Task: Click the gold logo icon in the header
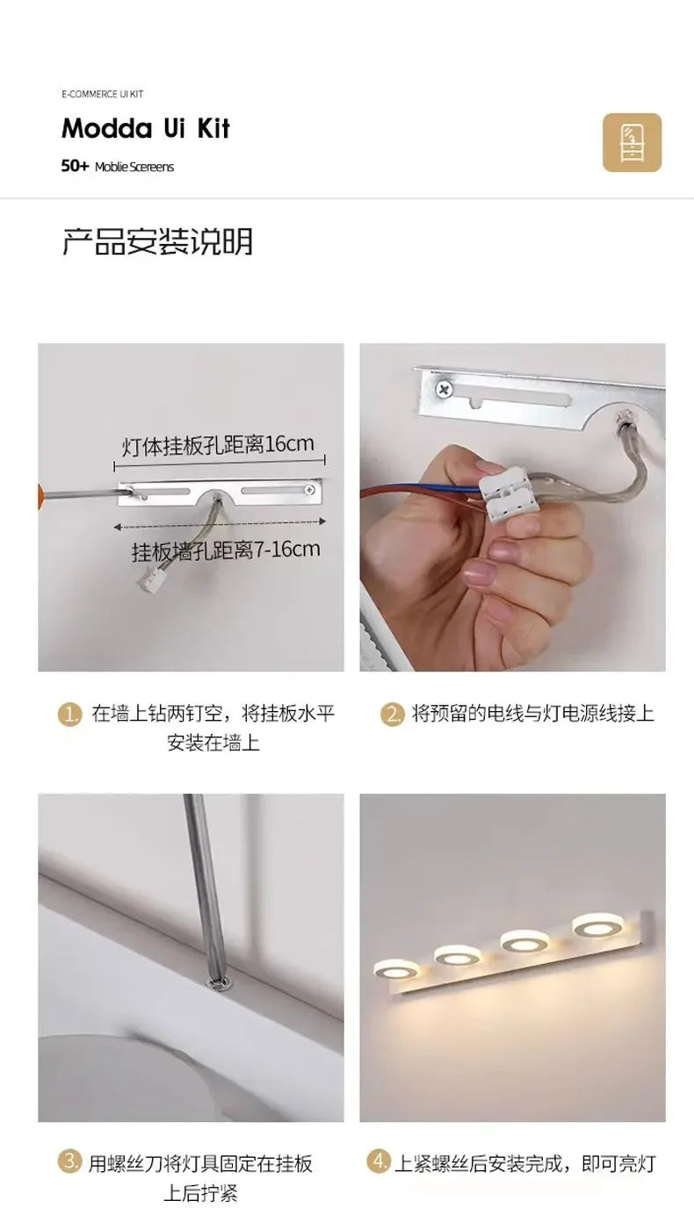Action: [632, 142]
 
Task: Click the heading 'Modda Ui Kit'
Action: [146, 129]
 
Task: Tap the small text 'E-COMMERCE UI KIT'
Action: [102, 95]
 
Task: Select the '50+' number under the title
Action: [75, 166]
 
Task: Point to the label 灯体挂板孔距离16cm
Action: [218, 445]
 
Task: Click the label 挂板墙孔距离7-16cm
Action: [226, 550]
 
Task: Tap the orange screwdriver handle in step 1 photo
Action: [40, 496]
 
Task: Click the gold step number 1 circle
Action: [69, 715]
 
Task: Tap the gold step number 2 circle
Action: [392, 715]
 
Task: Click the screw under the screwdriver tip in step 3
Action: [218, 985]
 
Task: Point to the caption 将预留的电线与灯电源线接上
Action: [533, 714]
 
